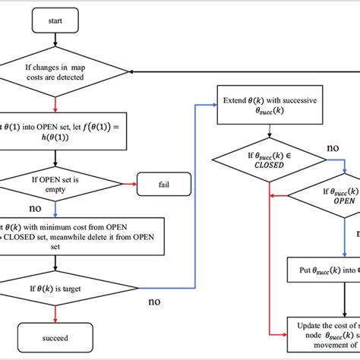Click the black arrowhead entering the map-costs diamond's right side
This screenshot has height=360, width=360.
point(131,72)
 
